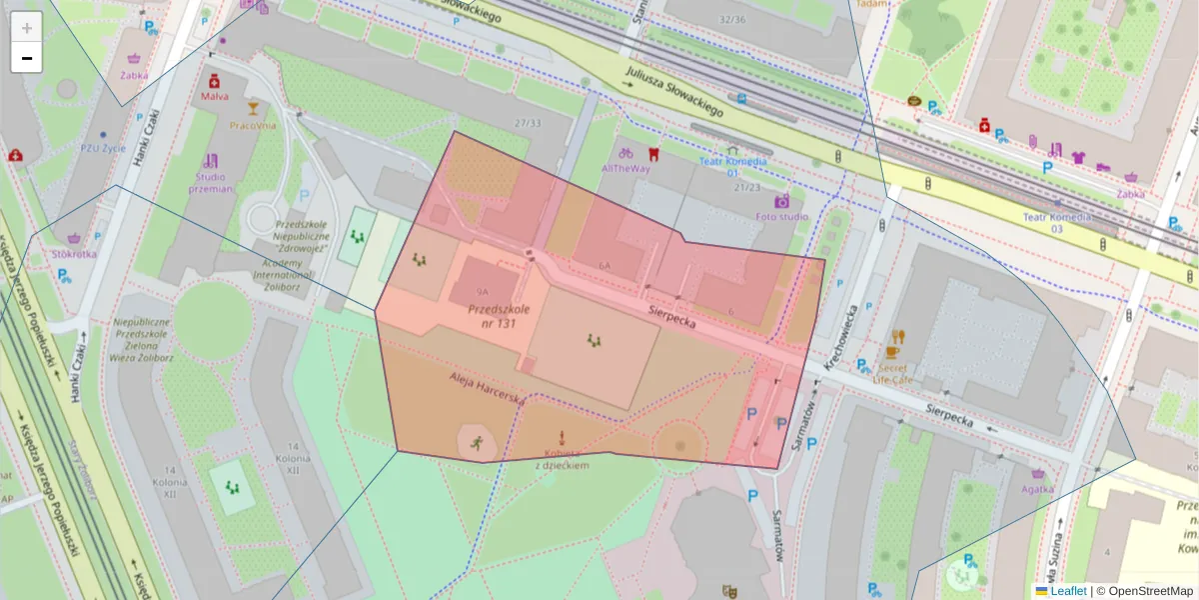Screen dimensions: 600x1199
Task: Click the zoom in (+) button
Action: [27, 27]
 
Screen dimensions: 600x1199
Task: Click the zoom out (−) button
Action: [27, 58]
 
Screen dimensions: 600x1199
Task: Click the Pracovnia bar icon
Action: [253, 109]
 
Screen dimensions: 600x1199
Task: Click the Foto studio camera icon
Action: [781, 201]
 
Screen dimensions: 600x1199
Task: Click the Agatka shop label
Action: [1037, 489]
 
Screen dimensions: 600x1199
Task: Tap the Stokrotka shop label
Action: [75, 253]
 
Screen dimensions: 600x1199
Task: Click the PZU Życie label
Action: [103, 148]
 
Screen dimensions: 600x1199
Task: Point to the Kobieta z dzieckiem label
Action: [562, 459]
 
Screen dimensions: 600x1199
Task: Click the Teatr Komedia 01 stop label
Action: [732, 166]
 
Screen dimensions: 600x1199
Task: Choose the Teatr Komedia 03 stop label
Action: [1056, 222]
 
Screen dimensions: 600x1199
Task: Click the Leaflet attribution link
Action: [1067, 591]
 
